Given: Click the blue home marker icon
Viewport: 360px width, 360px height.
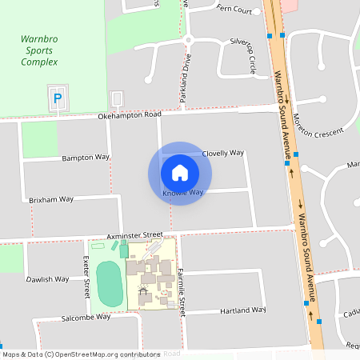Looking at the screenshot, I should point(180,173).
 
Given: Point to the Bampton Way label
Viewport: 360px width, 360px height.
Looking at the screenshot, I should point(86,158).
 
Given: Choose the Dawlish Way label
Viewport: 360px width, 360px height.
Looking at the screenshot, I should point(46,279).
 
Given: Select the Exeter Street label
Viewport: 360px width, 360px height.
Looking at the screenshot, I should point(86,273).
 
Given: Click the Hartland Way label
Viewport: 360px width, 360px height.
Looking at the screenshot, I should point(244,310).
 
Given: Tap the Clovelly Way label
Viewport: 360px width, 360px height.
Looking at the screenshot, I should point(223,152).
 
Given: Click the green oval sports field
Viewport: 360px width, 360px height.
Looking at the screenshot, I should point(110,282).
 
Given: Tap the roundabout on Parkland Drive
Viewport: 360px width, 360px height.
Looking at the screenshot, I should point(189,39).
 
